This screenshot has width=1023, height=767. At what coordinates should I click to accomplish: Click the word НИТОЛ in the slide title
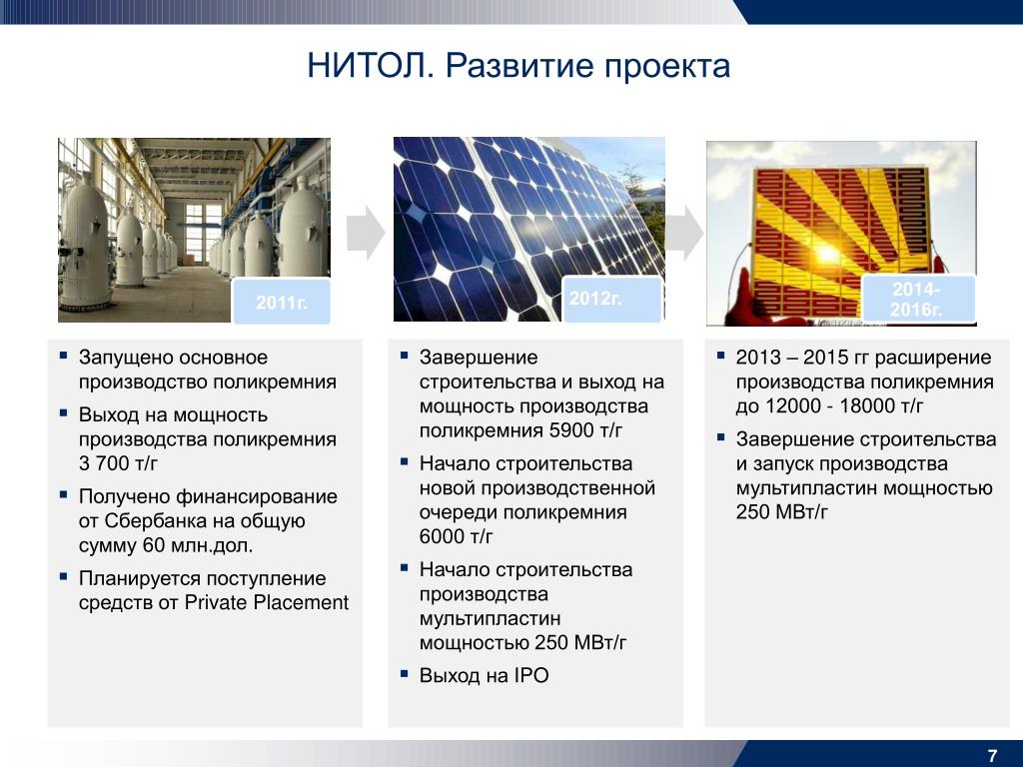tap(370, 65)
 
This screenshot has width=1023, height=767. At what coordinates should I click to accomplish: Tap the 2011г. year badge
tap(281, 302)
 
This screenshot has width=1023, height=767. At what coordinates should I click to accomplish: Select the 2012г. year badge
tap(612, 299)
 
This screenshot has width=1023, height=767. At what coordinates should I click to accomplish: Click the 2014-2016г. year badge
tap(918, 299)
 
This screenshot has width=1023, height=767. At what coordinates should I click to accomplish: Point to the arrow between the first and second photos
tap(366, 233)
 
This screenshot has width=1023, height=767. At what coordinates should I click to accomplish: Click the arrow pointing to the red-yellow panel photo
tap(684, 233)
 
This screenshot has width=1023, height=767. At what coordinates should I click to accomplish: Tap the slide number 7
tap(992, 755)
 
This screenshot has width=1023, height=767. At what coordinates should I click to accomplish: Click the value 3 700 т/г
tap(118, 463)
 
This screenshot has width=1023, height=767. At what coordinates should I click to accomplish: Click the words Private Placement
tap(267, 602)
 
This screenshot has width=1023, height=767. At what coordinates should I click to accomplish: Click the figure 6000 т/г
tap(456, 536)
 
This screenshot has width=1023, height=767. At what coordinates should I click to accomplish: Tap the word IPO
tap(531, 675)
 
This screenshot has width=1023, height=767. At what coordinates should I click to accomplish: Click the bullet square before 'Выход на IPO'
tap(405, 672)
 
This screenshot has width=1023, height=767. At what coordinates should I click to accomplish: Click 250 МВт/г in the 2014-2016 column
tap(781, 512)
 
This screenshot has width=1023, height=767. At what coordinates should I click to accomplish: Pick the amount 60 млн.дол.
tap(198, 545)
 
